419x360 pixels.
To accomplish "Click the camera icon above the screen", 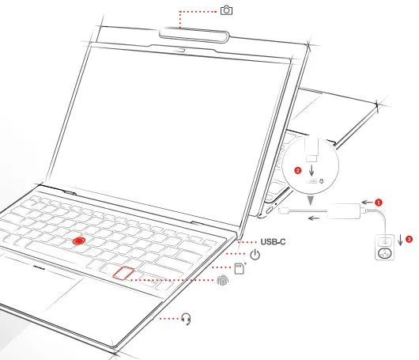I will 227,10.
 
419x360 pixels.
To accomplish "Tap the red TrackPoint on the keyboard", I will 77,239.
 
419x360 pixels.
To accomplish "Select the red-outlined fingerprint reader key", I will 122,275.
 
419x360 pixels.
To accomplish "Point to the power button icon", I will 255,255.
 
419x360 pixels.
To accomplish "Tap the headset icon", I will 187,319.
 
